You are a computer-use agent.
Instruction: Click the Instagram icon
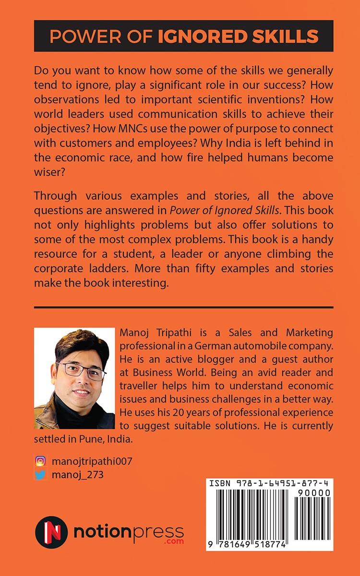point(41,461)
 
